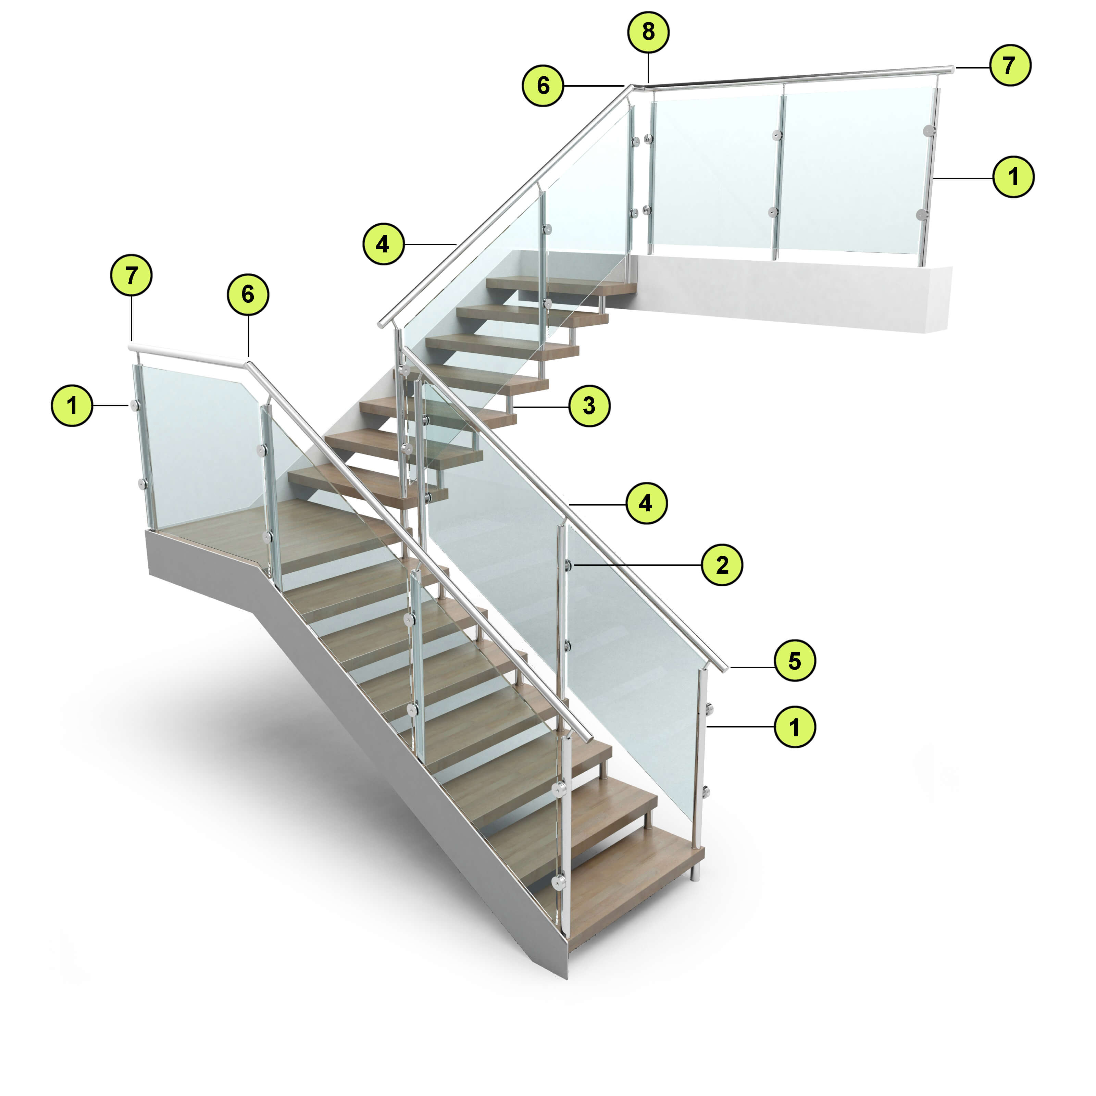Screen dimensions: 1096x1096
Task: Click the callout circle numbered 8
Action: tap(648, 32)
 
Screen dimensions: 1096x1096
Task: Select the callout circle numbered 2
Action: tap(722, 565)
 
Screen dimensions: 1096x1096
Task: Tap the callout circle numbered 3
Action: tap(589, 406)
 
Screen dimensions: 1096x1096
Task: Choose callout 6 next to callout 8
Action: tap(543, 86)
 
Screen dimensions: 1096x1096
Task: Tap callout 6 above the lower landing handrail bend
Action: tap(248, 295)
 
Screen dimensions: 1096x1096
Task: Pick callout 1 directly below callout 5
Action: tap(795, 727)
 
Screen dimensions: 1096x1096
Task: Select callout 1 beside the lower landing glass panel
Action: tap(72, 406)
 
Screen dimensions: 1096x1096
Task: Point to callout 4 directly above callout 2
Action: tap(646, 503)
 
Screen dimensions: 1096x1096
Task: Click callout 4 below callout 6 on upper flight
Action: tap(384, 245)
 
